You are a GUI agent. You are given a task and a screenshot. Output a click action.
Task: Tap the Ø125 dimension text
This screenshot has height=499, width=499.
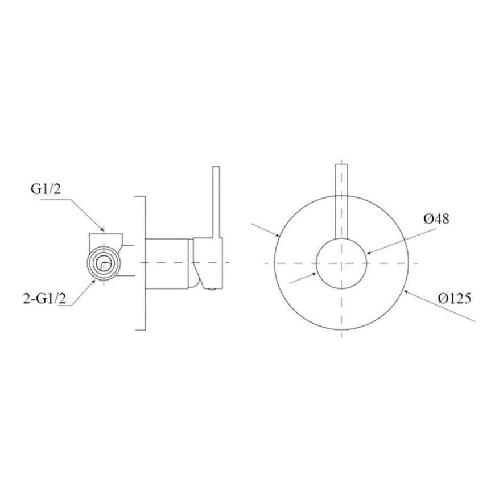point(454,298)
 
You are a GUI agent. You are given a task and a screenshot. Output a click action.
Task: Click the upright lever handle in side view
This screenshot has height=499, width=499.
point(216,202)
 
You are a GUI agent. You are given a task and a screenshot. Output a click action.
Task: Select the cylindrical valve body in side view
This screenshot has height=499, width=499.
point(167,262)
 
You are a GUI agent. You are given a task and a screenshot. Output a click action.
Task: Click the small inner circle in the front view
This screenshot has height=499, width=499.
point(341,262)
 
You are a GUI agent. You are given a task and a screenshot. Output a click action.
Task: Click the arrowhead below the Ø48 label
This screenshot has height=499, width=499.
point(369,253)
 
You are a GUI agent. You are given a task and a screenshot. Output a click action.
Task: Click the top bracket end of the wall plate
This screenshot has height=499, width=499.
point(140,197)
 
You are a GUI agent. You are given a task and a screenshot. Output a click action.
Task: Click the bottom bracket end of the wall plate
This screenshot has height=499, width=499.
point(140,328)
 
